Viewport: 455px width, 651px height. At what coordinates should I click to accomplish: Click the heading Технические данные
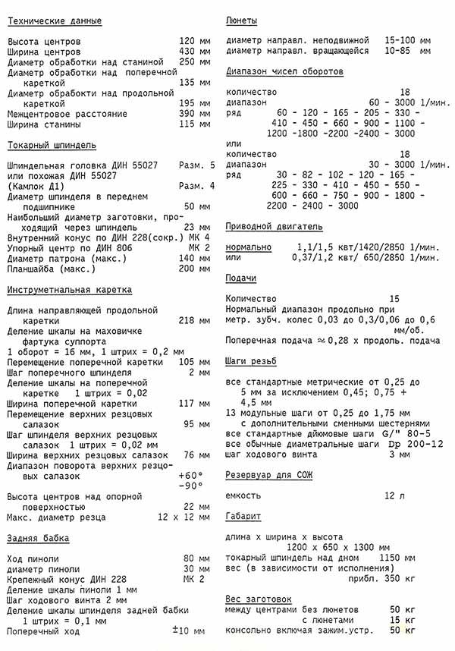coord(55,20)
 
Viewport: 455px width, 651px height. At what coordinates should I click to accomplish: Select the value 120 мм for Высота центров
coord(195,41)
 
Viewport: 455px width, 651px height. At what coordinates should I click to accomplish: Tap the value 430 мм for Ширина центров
coord(195,52)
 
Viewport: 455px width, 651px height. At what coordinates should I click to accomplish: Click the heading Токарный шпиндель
coord(51,145)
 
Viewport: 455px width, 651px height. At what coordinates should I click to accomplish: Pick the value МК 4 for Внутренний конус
coord(199,237)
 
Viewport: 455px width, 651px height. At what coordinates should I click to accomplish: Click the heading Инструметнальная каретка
coord(69,290)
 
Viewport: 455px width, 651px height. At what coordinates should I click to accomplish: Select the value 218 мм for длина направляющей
coord(195,321)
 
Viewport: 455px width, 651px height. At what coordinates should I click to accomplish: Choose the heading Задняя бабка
coord(38,538)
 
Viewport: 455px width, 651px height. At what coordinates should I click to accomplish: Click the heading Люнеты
coord(242,20)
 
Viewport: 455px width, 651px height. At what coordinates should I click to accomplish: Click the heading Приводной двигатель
coord(274,226)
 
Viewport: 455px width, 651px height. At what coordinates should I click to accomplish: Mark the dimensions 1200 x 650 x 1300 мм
coord(339,547)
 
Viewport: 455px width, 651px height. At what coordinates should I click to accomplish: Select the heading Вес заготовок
coord(258,599)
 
